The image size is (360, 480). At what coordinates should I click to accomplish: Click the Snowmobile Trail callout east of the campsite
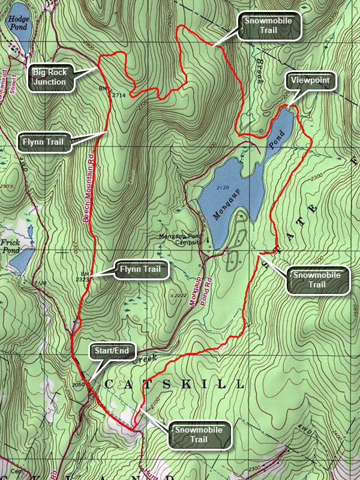pos(318,280)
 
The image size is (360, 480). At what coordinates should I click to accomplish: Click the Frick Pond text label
pos(11,244)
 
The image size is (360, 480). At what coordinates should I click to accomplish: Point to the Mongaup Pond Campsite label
pos(182,240)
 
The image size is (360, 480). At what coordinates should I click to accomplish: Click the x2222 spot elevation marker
pos(178,295)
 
